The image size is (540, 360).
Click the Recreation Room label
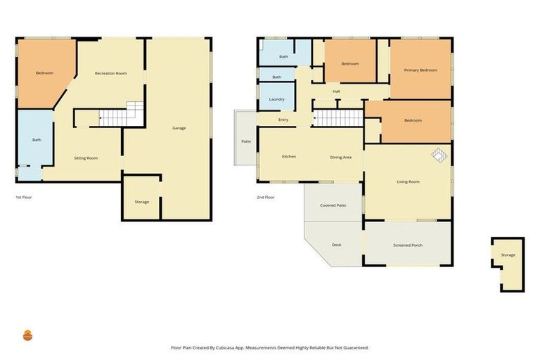click(x=111, y=73)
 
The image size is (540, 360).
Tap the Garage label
click(x=179, y=128)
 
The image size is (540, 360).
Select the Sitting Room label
click(x=86, y=158)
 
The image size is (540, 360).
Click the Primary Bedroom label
click(x=420, y=70)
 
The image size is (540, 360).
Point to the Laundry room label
click(x=276, y=99)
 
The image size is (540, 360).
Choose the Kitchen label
click(x=288, y=156)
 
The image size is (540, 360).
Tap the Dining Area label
click(x=340, y=157)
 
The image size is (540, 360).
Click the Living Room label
click(x=408, y=182)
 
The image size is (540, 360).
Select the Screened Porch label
click(x=407, y=245)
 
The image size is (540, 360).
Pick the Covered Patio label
click(x=333, y=205)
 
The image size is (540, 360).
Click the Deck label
click(x=336, y=245)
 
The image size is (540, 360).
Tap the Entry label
click(x=283, y=120)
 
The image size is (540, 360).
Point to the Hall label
click(x=336, y=91)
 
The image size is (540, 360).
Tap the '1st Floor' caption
click(x=23, y=198)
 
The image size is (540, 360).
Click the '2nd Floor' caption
click(x=265, y=198)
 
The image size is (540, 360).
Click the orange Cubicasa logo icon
click(x=27, y=335)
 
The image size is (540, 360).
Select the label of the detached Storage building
click(x=508, y=255)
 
